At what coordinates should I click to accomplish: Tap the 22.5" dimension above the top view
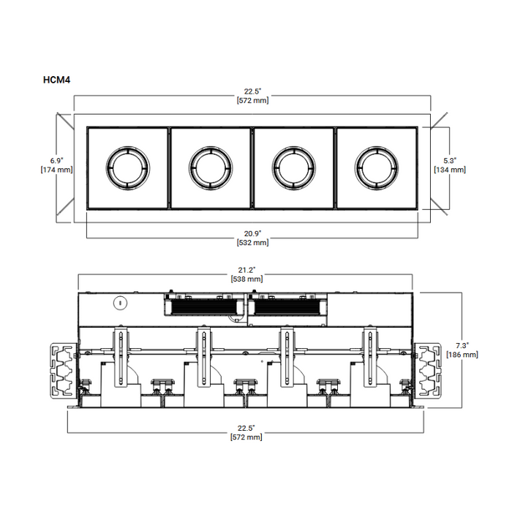[252, 91]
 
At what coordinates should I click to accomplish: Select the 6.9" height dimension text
[56, 160]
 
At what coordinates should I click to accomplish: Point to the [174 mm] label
[56, 170]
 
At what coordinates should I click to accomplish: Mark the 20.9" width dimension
[252, 232]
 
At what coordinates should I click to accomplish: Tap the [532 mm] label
[252, 241]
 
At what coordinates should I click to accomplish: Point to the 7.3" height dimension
[462, 345]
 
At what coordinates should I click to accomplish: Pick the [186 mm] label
[462, 354]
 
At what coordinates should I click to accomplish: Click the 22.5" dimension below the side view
[246, 428]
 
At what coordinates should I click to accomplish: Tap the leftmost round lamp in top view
[129, 168]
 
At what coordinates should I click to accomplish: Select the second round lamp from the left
[211, 168]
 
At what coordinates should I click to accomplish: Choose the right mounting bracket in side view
[431, 371]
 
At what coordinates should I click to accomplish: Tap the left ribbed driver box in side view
[202, 305]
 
